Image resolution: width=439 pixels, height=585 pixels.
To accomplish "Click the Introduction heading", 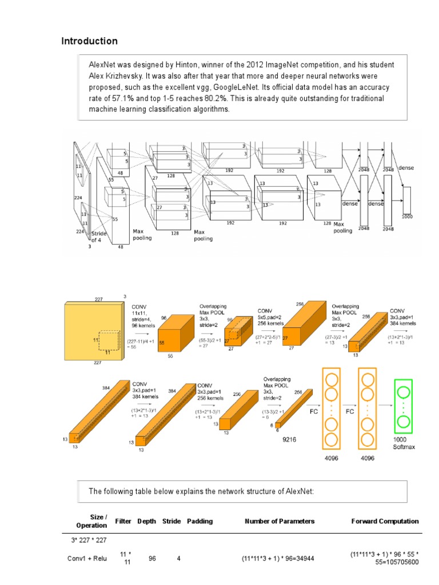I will [x=89, y=41].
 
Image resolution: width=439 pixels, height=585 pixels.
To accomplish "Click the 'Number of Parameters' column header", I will [x=280, y=521].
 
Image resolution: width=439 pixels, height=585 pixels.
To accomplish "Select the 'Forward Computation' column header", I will [x=385, y=521].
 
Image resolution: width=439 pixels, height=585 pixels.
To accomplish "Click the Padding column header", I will [x=199, y=521].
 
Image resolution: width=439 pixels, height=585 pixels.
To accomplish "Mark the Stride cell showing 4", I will [x=178, y=559].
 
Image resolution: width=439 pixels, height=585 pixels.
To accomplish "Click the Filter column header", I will [x=123, y=521].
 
